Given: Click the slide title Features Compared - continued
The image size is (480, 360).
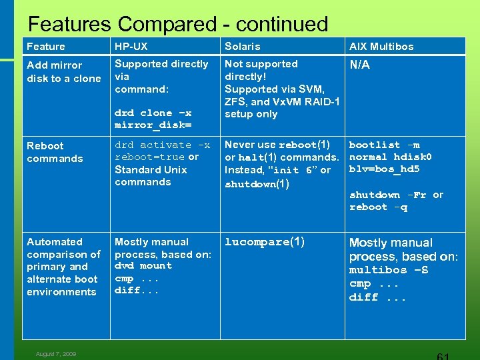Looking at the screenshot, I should (x=178, y=25).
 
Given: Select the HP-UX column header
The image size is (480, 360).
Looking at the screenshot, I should (x=131, y=46).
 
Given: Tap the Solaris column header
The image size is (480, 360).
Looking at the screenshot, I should (x=242, y=46).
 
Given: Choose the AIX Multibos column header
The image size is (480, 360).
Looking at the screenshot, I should (x=381, y=46).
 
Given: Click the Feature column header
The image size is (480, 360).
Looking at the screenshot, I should (x=46, y=46).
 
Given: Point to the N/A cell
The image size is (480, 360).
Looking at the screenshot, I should (x=359, y=65).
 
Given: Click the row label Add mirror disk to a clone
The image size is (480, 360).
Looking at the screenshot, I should (x=63, y=71).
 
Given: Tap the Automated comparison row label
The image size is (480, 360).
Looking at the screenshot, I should (x=63, y=267).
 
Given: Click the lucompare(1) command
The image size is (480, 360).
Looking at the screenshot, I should (x=264, y=242).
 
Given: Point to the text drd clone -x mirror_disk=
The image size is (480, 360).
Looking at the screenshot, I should (x=153, y=119).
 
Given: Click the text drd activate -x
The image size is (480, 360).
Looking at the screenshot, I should (x=162, y=145).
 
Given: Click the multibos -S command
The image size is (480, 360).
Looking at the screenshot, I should (x=389, y=270).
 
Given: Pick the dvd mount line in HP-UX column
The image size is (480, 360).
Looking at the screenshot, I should (x=143, y=265).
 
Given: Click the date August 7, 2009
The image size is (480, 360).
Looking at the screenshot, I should (x=56, y=354).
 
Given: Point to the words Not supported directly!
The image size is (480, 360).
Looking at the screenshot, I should (x=261, y=70).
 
